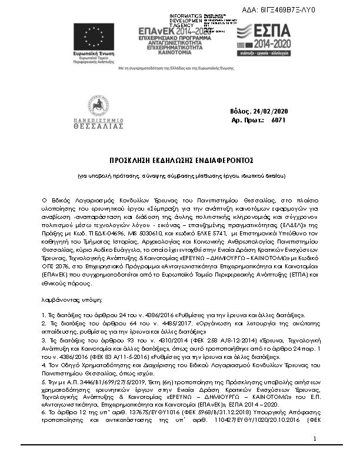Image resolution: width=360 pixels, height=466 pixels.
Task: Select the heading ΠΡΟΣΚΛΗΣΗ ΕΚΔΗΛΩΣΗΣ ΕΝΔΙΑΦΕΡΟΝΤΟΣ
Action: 181,160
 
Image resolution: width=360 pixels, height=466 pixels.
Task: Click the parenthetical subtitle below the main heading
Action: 181,176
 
